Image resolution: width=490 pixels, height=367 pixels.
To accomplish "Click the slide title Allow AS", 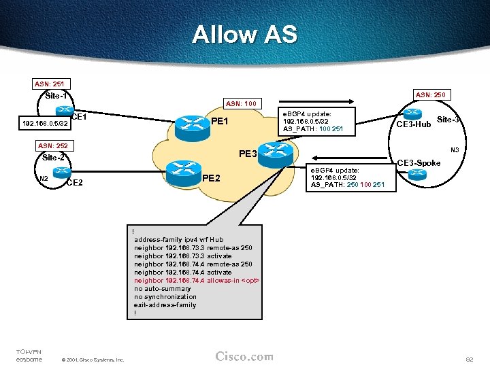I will tap(244, 34).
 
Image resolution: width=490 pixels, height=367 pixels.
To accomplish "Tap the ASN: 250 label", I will tap(430, 94).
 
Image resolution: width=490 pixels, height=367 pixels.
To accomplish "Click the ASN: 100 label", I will tap(242, 103).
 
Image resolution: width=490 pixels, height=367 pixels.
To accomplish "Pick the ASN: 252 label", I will tap(52, 145).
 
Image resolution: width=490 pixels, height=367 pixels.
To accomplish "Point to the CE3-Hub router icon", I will tap(412, 113).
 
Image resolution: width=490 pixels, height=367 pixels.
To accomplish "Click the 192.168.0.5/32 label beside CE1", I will tap(45, 124).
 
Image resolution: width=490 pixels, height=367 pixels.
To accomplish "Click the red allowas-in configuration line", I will tap(197, 280).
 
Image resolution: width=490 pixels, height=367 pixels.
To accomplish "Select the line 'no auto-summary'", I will tap(163, 288).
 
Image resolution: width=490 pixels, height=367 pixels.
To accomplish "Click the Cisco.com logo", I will tap(244, 357).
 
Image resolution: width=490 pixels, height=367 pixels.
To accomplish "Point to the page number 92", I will tap(468, 357).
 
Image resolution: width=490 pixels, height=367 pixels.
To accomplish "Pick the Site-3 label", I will tap(448, 120).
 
